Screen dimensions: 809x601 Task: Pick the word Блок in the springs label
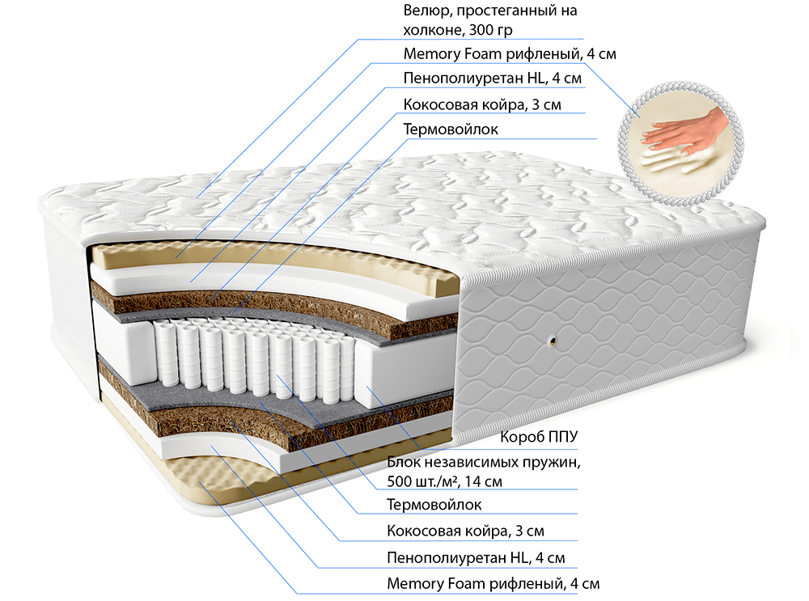click(x=405, y=463)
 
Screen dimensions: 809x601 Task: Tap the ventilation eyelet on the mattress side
click(x=554, y=341)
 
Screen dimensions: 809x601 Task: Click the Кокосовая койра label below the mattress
click(x=465, y=531)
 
